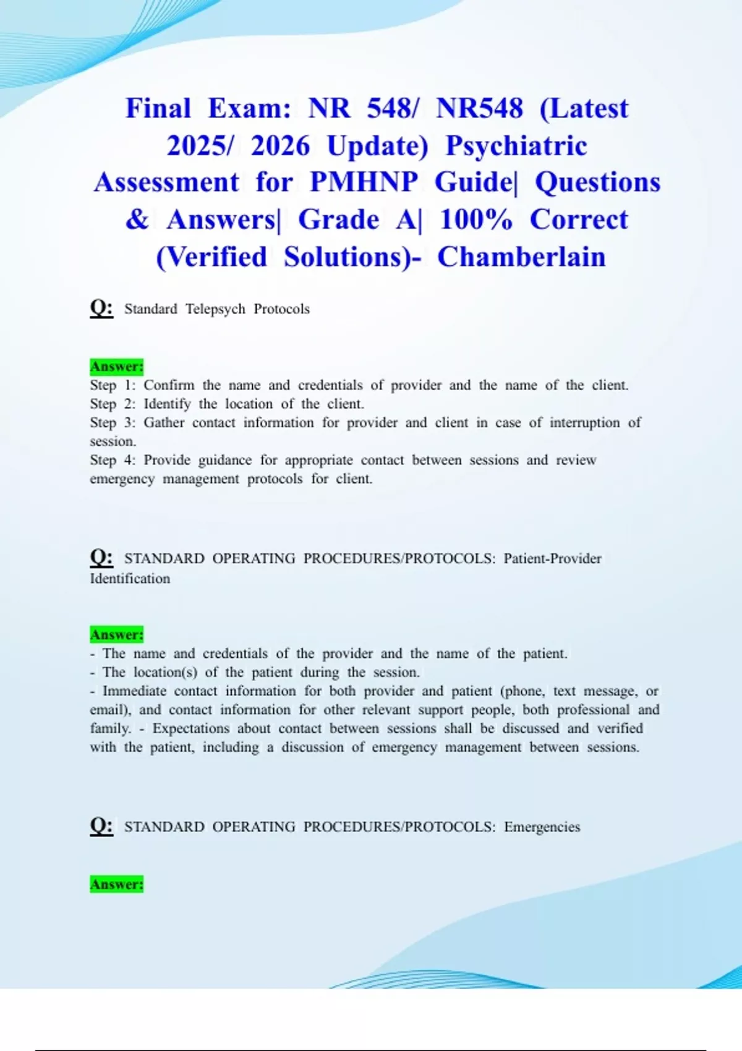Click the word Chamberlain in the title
(521, 257)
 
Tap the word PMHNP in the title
(364, 182)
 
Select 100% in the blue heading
(476, 219)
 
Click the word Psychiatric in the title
(516, 146)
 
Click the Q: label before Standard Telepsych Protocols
(101, 308)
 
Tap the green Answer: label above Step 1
(116, 367)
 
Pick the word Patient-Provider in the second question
(552, 559)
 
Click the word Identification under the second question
(130, 579)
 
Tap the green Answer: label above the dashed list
(116, 635)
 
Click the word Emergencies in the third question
(542, 827)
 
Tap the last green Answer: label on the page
(116, 884)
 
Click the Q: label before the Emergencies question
(101, 826)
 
